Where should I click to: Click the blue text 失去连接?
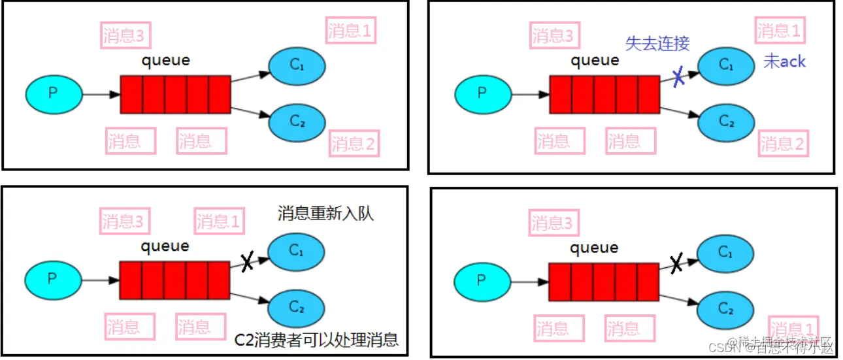pos(657,43)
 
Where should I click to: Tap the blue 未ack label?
pos(784,62)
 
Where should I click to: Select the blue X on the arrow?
pos(678,77)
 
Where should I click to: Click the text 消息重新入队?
pos(325,214)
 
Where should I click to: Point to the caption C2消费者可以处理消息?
pos(316,339)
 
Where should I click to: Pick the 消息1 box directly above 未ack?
pos(779,31)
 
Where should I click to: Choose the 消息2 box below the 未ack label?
pos(783,142)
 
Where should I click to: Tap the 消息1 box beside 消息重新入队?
pos(218,221)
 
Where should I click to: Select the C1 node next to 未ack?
pos(726,65)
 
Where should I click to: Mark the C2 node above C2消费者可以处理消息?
pos(297,306)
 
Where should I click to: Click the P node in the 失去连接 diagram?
pos(482,93)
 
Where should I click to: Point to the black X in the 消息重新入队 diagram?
pos(247,262)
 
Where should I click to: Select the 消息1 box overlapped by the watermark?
pos(793,329)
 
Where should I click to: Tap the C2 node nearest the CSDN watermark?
pos(725,308)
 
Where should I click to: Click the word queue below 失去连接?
pos(595,61)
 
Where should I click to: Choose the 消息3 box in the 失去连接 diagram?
pos(553,36)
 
